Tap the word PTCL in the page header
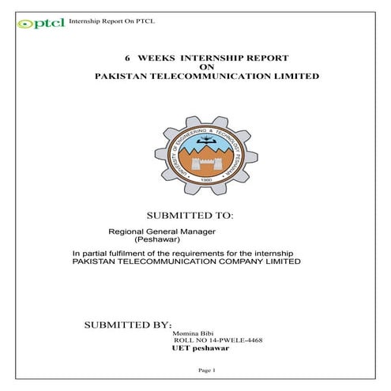pos(144,21)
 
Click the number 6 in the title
pos(128,58)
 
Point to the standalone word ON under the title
pos(207,68)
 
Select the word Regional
pos(125,231)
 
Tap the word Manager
pos(198,231)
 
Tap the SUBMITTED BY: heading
pos(127,325)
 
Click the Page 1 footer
pos(206,370)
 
